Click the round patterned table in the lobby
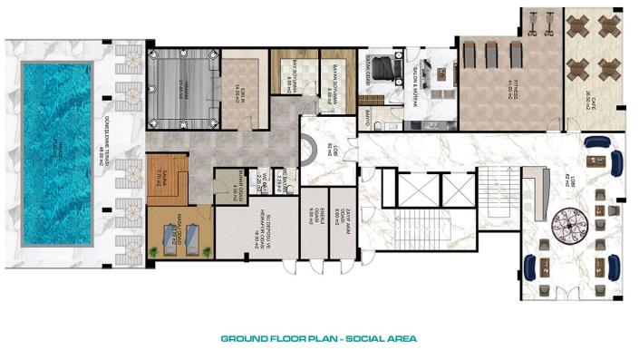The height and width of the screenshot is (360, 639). click(572, 220)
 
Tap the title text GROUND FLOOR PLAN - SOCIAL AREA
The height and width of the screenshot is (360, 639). click(318, 339)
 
